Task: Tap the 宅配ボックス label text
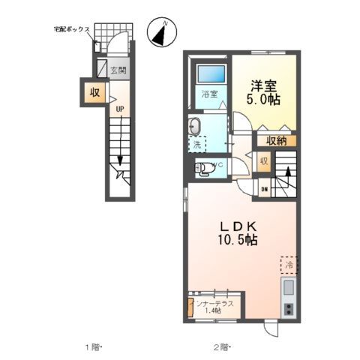[x=72, y=29]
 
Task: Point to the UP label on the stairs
[x=118, y=109]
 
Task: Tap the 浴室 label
[x=209, y=94]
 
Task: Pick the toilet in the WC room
[x=203, y=169]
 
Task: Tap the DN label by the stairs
[x=264, y=189]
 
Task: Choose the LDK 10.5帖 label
[x=238, y=232]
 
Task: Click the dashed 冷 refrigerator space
[x=289, y=265]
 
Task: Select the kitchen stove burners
[x=289, y=308]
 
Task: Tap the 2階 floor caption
[x=219, y=346]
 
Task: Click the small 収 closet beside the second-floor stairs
[x=264, y=161]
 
